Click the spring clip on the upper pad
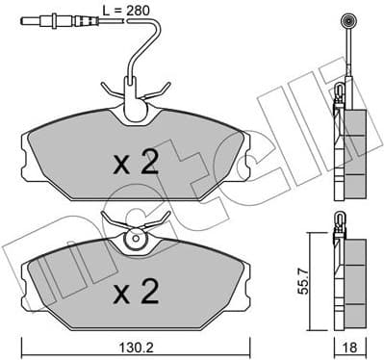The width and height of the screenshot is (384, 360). point(135,95)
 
